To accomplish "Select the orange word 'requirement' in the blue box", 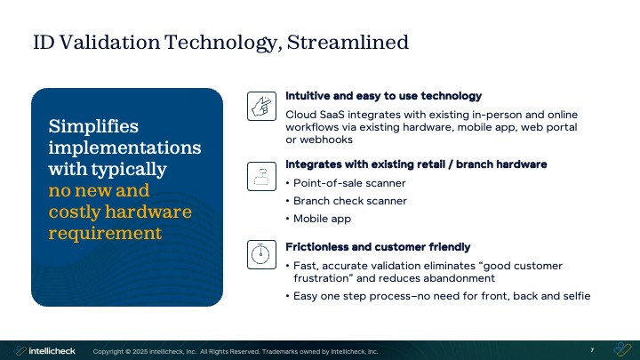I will click(105, 233).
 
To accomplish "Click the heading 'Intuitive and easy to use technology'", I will click(383, 96).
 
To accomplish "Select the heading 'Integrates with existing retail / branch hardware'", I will click(416, 164).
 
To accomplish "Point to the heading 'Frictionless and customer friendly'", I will click(378, 246).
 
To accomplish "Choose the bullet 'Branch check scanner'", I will click(349, 201).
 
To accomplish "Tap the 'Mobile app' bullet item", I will click(324, 219).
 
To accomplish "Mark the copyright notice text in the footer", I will click(236, 351).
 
